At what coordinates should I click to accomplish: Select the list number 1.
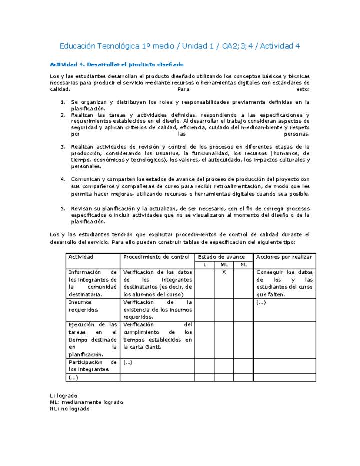tap(63, 102)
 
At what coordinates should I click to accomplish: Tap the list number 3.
tap(63, 147)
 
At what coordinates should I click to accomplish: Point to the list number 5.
tap(63, 208)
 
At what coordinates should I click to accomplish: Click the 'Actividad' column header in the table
tap(81, 257)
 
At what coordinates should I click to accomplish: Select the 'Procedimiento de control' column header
tap(156, 257)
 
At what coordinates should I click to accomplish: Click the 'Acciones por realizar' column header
tap(284, 257)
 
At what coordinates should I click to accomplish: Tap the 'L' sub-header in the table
tap(205, 265)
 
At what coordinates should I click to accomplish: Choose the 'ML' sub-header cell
tap(224, 265)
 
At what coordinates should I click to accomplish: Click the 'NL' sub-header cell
tap(243, 265)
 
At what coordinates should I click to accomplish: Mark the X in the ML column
tap(224, 272)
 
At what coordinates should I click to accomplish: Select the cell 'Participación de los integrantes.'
tap(92, 366)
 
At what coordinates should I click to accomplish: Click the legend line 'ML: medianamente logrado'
tap(86, 402)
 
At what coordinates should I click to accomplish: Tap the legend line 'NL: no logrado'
tap(70, 408)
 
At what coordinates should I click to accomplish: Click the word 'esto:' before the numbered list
tap(302, 90)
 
